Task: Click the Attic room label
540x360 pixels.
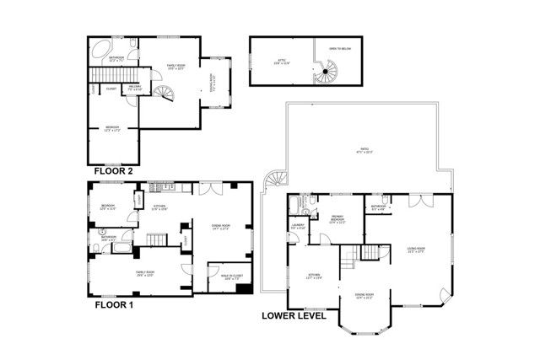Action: tap(278, 61)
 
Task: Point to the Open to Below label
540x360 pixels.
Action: tap(340, 48)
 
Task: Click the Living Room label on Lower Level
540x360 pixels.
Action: tap(415, 250)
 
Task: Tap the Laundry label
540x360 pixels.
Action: tap(298, 226)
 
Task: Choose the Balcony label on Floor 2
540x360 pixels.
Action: tap(133, 87)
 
